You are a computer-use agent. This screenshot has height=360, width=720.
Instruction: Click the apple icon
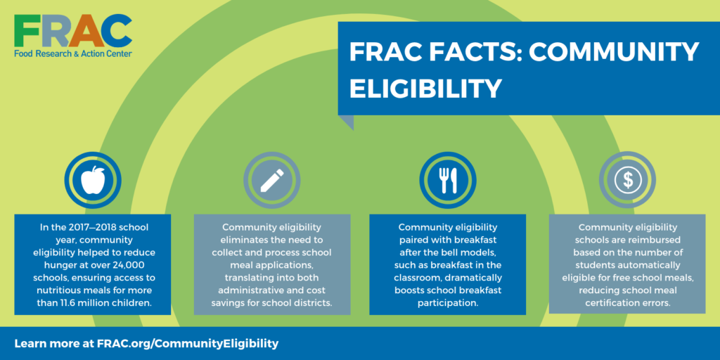(x=92, y=181)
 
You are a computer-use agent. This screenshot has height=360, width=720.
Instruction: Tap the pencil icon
(x=271, y=181)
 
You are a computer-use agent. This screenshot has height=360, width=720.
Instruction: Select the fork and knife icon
(x=448, y=181)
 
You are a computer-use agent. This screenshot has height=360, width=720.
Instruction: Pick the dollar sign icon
(x=627, y=181)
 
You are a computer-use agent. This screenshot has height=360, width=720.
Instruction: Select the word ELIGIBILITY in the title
(x=425, y=89)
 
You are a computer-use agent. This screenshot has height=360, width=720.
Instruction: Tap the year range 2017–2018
(x=83, y=227)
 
